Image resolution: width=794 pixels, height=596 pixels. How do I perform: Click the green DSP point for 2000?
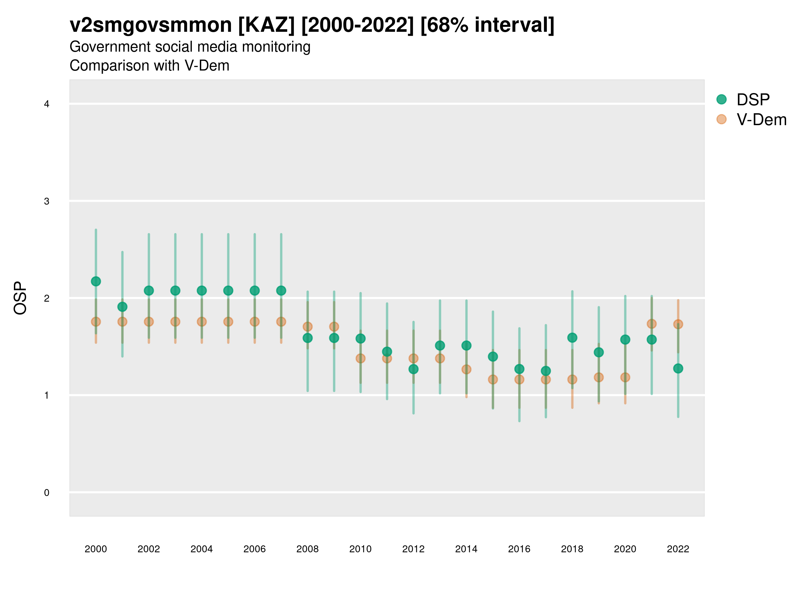(96, 281)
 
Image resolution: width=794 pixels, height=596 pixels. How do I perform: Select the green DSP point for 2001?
(122, 307)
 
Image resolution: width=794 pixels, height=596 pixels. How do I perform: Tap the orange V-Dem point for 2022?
(678, 324)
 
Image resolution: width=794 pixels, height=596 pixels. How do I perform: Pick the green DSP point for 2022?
(678, 368)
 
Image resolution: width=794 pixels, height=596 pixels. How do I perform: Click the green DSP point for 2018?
(572, 338)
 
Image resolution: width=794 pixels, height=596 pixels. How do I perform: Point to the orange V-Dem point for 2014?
(466, 369)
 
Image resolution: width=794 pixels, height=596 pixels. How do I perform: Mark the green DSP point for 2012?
(414, 369)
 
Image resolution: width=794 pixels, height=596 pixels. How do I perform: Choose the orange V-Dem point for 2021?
(652, 324)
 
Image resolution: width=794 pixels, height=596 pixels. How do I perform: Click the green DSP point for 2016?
(519, 369)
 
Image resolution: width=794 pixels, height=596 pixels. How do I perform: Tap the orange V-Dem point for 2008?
(308, 326)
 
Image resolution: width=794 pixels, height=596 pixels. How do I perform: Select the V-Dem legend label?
(761, 120)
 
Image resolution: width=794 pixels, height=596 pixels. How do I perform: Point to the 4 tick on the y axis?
(47, 104)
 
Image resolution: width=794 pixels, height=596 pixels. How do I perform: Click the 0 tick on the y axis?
(47, 493)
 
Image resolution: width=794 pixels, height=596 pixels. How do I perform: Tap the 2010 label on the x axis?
(360, 549)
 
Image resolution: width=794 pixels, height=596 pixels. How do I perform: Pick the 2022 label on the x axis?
(678, 549)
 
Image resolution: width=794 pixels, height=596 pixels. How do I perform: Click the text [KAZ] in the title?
(266, 25)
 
